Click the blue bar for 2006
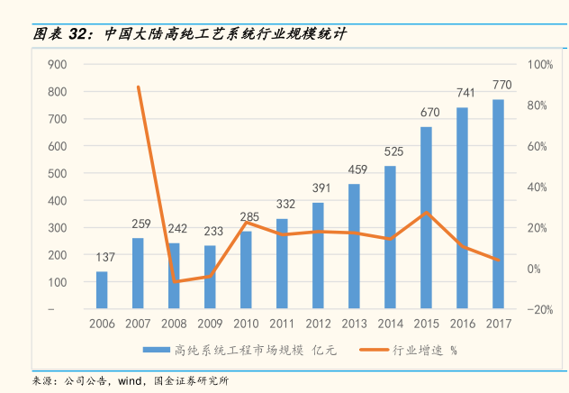tap(102, 290)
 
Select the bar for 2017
tap(498, 205)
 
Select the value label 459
tap(357, 169)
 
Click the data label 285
tap(249, 216)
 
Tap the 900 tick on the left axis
tap(58, 65)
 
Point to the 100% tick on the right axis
tap(540, 65)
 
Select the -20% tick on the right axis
tap(540, 309)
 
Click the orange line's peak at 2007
tap(138, 87)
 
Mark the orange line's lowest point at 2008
tap(175, 281)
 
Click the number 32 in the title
tap(78, 34)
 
